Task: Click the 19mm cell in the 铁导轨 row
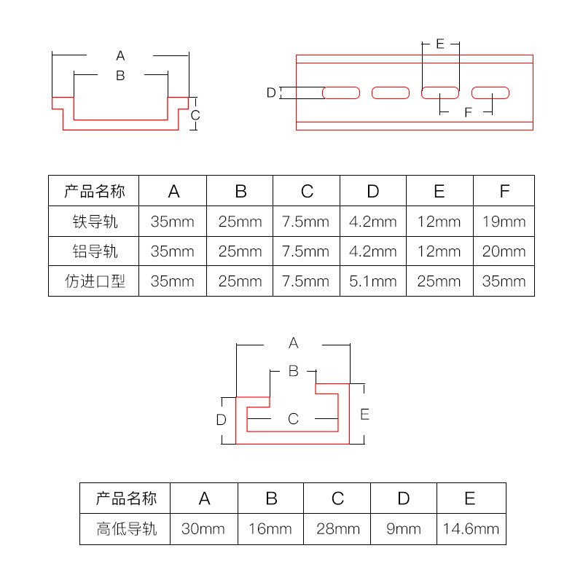click(x=504, y=222)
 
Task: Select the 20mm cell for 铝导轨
click(x=504, y=251)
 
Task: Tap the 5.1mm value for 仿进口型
click(x=373, y=281)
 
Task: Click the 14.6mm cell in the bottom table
click(x=470, y=529)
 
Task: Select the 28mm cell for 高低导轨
click(x=337, y=529)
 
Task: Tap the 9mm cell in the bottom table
click(x=404, y=529)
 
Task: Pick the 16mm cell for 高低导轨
click(x=271, y=529)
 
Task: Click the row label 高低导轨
click(x=126, y=529)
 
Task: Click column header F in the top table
click(x=504, y=191)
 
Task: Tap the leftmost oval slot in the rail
click(x=341, y=93)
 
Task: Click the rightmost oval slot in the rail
click(x=490, y=93)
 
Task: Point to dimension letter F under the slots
click(x=468, y=112)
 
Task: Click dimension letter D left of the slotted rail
click(x=271, y=93)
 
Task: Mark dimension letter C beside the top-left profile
click(x=195, y=115)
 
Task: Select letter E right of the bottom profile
click(x=365, y=414)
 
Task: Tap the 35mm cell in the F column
click(x=504, y=281)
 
